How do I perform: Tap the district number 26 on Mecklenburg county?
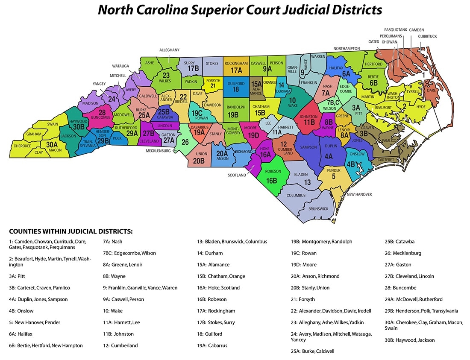pos(185,142)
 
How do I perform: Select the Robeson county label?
pos(273,171)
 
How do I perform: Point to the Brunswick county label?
pos(318,209)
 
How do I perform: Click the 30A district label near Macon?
pos(52,144)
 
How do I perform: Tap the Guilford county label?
pos(236,84)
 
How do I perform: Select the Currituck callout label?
pos(427,37)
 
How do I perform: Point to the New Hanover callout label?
pos(359,194)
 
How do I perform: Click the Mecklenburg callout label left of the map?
pos(159,151)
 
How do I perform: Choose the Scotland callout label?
pos(237,175)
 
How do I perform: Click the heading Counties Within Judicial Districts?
pos(71,231)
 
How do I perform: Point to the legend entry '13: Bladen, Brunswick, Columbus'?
pos(232,241)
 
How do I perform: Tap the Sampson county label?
pos(308,147)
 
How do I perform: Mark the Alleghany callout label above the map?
pos(169,50)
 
